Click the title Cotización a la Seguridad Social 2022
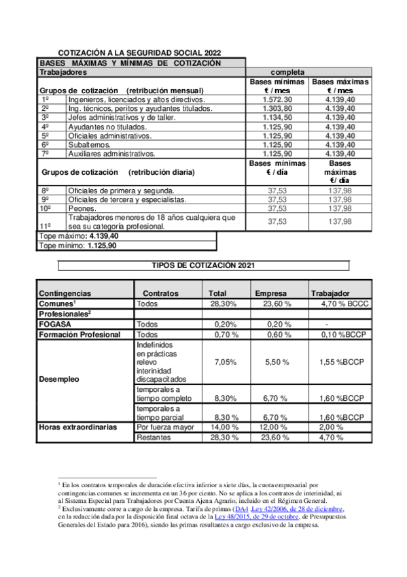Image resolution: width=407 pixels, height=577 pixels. point(140,52)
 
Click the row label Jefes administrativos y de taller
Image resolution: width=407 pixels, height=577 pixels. point(122,117)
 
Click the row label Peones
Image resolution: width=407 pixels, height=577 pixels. point(83,208)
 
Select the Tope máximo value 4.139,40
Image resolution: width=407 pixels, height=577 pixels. point(109,236)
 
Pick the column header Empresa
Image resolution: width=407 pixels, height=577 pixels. point(270,293)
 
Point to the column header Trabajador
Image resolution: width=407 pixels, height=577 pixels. point(330,293)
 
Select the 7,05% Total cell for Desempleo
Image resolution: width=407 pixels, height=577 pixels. point(225,363)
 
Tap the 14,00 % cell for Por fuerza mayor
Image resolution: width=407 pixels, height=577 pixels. point(225,427)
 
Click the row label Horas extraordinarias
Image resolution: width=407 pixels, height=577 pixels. point(77,427)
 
